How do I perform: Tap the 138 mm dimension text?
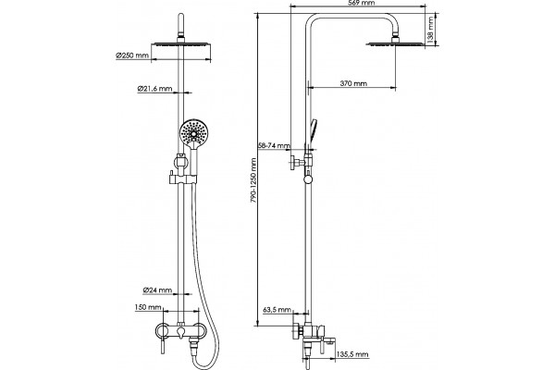[x=430, y=31]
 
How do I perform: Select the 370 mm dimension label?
[x=353, y=83]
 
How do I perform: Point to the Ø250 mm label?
[x=131, y=55]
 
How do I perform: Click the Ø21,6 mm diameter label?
[x=154, y=89]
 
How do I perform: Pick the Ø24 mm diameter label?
[x=157, y=290]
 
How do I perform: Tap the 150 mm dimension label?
[x=148, y=307]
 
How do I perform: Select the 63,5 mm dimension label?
[x=277, y=310]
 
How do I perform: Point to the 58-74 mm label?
[x=274, y=145]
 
